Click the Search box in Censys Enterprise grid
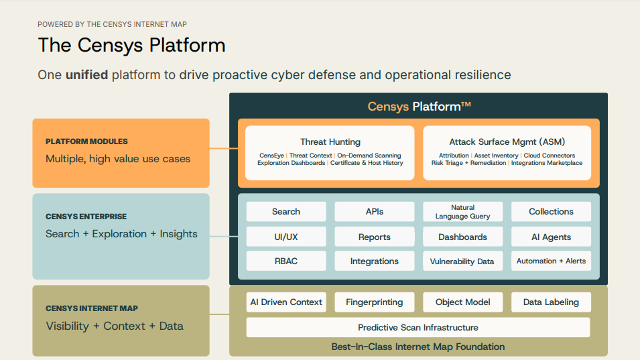(x=286, y=212)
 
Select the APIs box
(x=375, y=212)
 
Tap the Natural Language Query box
(x=462, y=212)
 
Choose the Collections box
(x=551, y=212)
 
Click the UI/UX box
(x=286, y=237)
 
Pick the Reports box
(x=375, y=237)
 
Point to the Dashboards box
(x=462, y=237)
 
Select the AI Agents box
(x=551, y=237)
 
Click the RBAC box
(x=286, y=261)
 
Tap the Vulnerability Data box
(x=462, y=261)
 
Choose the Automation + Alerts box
(x=551, y=261)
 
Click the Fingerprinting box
(x=375, y=302)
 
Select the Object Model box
(x=462, y=302)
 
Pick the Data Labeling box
(x=551, y=302)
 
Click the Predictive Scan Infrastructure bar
(x=418, y=327)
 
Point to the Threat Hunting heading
(x=330, y=141)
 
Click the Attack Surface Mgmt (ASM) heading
(x=507, y=141)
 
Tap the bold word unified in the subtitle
(x=86, y=74)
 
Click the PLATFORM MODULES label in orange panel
(x=86, y=141)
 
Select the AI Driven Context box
(x=286, y=302)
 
